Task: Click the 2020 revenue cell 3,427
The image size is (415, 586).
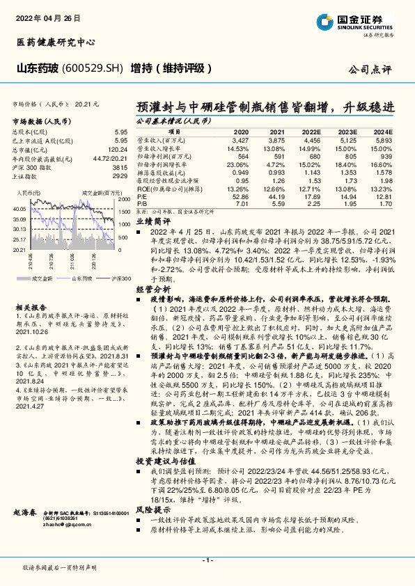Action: click(x=240, y=141)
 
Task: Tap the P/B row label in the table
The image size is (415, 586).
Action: click(x=141, y=204)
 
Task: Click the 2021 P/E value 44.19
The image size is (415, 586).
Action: click(x=276, y=198)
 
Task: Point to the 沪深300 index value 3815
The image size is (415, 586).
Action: click(x=120, y=168)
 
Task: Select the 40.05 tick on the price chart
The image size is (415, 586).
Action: click(x=19, y=208)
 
